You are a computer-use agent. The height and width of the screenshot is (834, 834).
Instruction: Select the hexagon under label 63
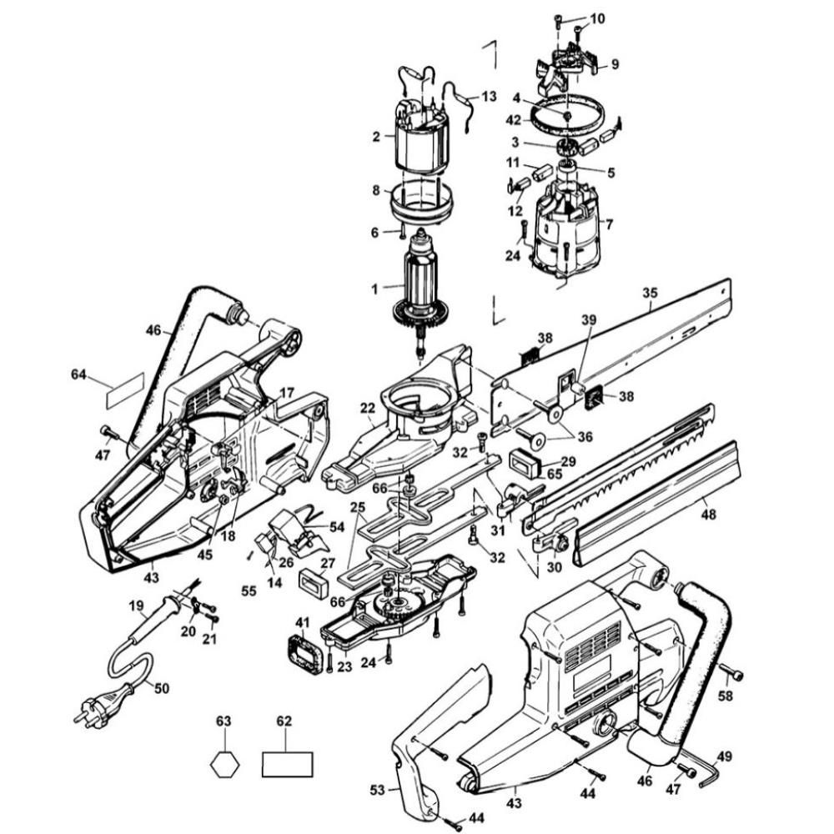223,764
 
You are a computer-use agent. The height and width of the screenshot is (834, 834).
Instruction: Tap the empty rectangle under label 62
287,764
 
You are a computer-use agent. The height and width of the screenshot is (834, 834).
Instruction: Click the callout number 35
650,294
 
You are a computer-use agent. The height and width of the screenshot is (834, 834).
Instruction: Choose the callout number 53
377,788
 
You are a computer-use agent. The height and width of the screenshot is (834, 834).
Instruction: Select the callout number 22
368,407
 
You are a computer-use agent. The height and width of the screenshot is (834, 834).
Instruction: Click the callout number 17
287,392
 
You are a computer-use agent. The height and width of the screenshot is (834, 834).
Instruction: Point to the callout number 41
302,621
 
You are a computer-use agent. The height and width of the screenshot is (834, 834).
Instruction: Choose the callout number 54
337,527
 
